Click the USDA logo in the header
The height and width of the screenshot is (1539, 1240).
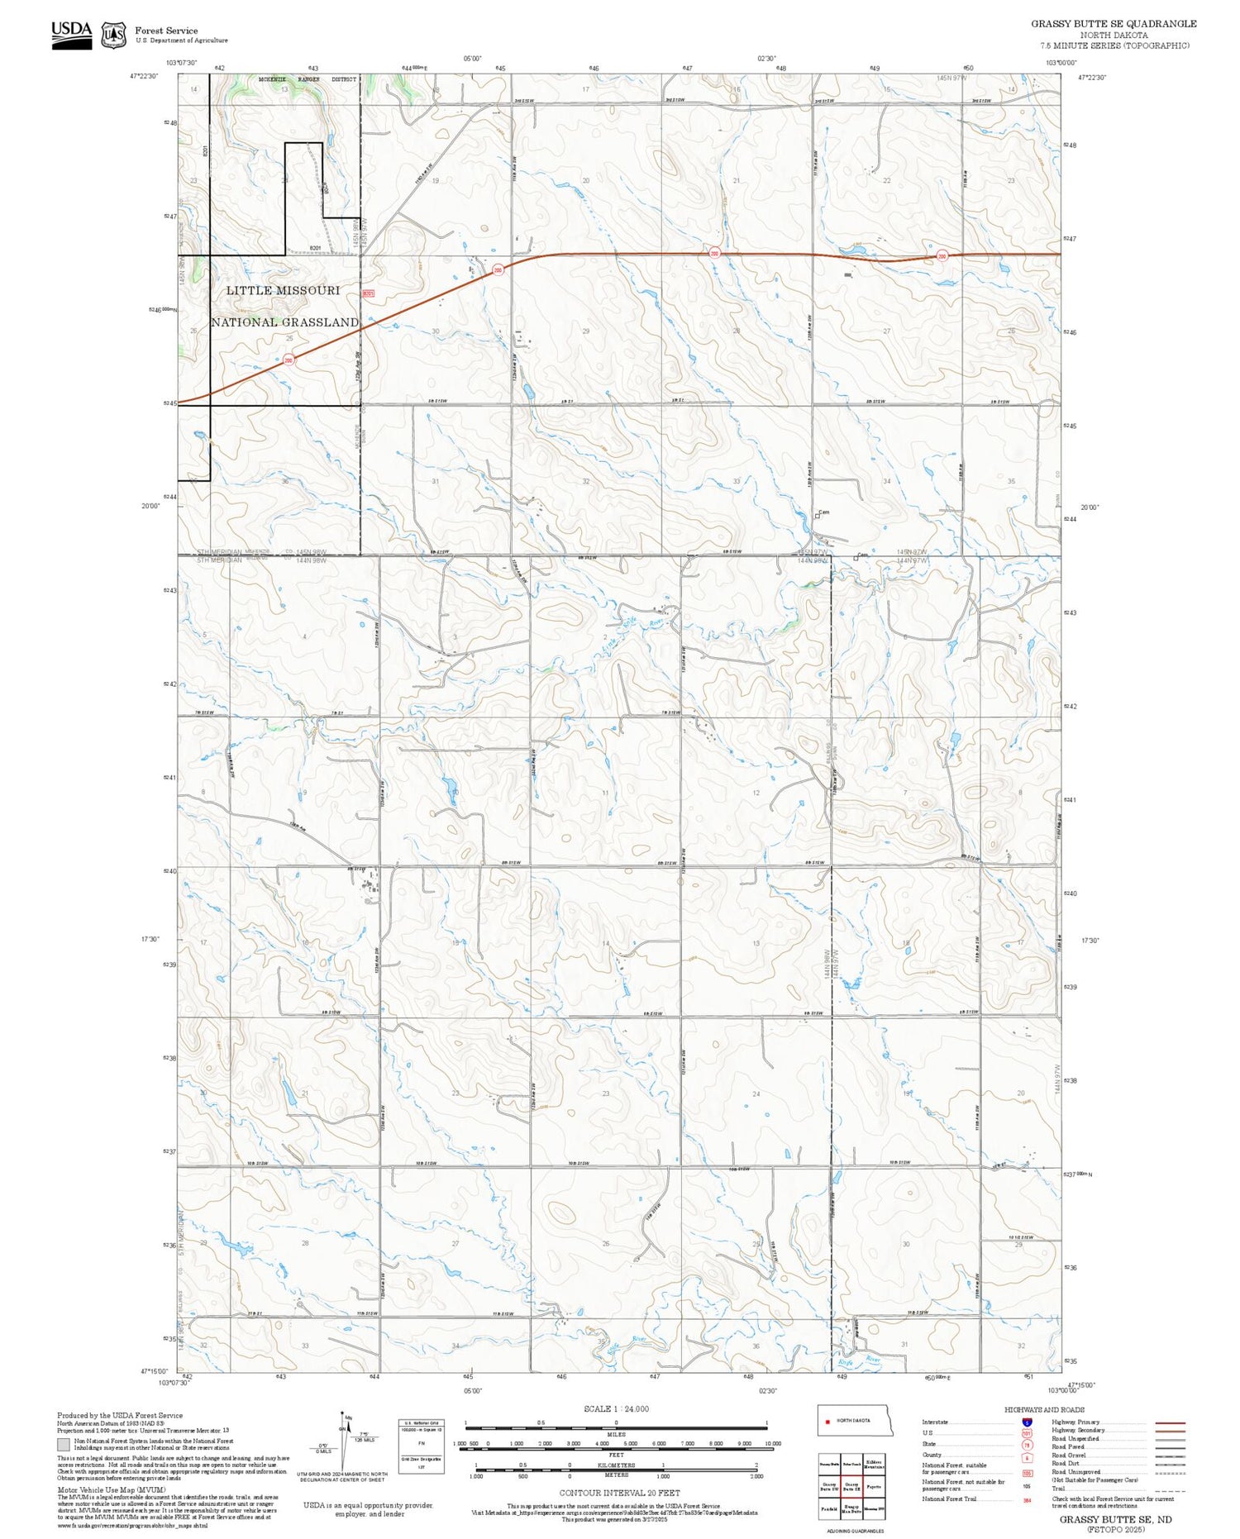tap(71, 34)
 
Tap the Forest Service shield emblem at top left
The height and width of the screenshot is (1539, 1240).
tap(113, 35)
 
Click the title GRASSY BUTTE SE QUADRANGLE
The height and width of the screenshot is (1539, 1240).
tap(1113, 23)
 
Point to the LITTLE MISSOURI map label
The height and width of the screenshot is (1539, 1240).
tap(283, 290)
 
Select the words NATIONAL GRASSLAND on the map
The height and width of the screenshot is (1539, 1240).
tap(284, 322)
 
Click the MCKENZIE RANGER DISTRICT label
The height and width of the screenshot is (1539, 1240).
tap(307, 79)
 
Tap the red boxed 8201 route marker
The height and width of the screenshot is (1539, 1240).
tap(369, 293)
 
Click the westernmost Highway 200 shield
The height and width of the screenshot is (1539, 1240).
tap(289, 360)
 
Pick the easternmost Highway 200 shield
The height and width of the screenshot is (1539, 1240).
tap(942, 256)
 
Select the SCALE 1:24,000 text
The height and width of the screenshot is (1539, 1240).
tap(616, 1408)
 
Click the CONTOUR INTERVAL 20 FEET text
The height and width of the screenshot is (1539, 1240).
tap(619, 1493)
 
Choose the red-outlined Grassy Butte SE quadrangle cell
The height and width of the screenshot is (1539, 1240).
tap(851, 1486)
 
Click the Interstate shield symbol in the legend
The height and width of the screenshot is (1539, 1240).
tap(1026, 1422)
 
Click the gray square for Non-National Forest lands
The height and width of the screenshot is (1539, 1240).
tap(64, 1444)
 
